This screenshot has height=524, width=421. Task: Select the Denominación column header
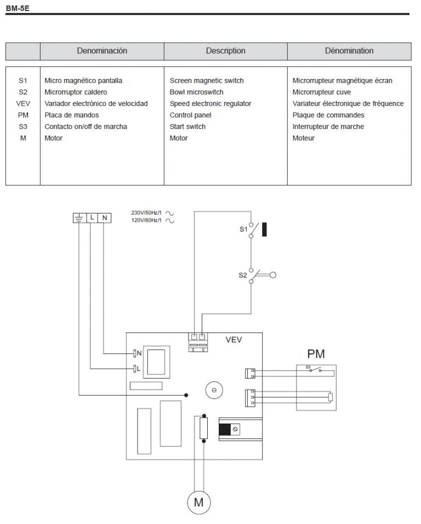[x=102, y=51]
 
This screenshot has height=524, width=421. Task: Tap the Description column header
[x=225, y=51]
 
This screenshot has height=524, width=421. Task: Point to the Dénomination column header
[x=349, y=51]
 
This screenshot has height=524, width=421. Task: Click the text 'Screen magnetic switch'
[x=207, y=81]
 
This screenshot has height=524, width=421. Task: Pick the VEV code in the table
[x=22, y=104]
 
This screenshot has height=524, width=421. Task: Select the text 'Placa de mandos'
[x=71, y=115]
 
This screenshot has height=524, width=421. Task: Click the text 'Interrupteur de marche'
[x=328, y=127]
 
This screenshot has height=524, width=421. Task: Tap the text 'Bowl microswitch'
[x=196, y=92]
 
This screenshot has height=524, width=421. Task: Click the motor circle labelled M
[x=199, y=502]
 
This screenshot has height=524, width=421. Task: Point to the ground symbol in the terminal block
[x=79, y=218]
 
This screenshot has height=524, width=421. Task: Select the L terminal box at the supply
[x=92, y=218]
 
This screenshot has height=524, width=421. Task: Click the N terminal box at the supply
[x=105, y=218]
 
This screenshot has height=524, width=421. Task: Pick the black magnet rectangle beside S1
[x=265, y=229]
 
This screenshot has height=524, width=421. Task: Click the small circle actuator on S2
[x=273, y=275]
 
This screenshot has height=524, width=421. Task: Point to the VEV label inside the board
[x=235, y=340]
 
